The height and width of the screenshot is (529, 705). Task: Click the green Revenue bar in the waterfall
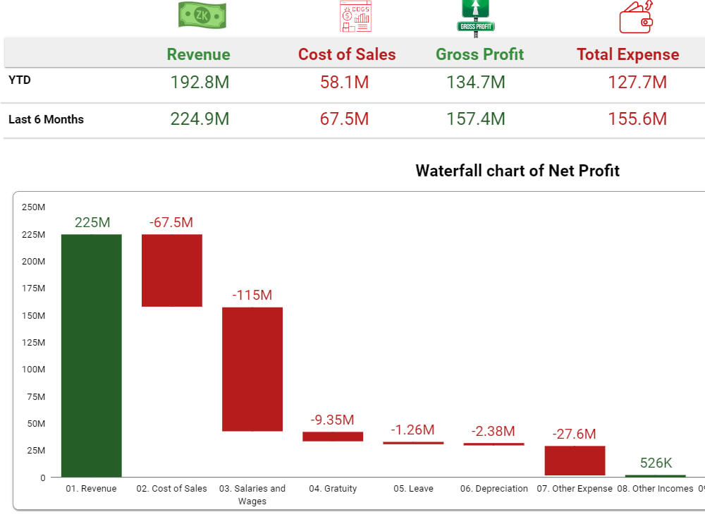point(91,355)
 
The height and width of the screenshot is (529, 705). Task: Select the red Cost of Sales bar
point(172,270)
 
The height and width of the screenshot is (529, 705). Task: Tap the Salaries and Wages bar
point(252,369)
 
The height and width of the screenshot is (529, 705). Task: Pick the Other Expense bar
point(575,461)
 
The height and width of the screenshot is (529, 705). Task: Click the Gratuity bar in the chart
point(333,437)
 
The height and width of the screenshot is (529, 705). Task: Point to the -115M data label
point(252,295)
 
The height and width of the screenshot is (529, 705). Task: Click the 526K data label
point(656,463)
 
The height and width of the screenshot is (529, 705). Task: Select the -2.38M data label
point(493,431)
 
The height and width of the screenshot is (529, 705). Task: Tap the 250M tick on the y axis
point(33,207)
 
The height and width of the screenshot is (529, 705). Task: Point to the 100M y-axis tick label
point(33,370)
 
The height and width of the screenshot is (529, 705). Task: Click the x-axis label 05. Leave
point(413,489)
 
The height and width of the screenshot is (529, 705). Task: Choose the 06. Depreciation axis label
point(493,489)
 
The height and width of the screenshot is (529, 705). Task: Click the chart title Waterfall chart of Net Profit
point(517,171)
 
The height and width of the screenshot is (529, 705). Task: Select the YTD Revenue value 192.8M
point(200,83)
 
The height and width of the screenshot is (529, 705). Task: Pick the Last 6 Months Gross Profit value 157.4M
point(475,119)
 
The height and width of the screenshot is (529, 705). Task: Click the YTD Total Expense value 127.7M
point(637,83)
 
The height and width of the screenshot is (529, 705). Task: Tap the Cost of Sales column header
point(347,54)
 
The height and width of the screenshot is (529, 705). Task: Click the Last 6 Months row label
point(46,120)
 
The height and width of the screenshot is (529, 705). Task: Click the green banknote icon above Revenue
point(202,16)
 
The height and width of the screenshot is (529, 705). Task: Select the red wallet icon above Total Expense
point(637,18)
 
